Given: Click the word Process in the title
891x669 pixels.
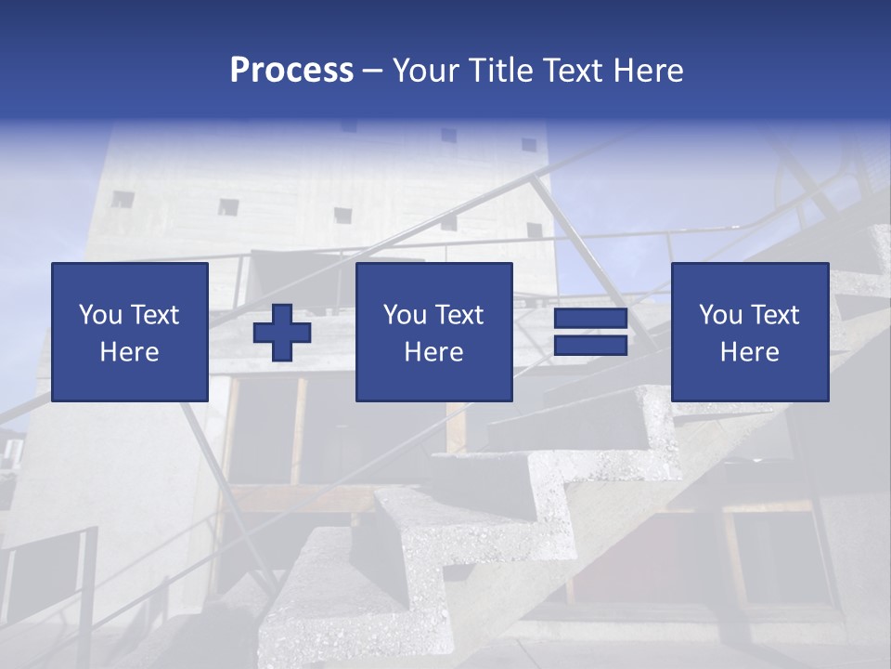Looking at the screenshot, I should (x=291, y=71).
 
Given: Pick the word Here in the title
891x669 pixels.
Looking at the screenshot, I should (x=651, y=71).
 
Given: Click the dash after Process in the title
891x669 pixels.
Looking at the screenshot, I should (x=373, y=72).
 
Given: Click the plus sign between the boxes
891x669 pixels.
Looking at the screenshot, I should (x=282, y=332).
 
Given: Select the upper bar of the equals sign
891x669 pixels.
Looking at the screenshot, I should (x=590, y=320).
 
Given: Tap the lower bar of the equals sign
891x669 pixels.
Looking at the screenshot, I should (x=590, y=345).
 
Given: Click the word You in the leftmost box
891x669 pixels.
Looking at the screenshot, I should (x=100, y=315).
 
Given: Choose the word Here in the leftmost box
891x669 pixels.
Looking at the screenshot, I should (x=129, y=352).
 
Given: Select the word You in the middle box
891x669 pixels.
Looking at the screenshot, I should (x=405, y=315).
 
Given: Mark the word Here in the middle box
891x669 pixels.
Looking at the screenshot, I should (x=433, y=352).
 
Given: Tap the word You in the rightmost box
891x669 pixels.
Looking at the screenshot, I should (x=720, y=315).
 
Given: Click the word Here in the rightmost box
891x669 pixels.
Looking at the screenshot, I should (x=749, y=352).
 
